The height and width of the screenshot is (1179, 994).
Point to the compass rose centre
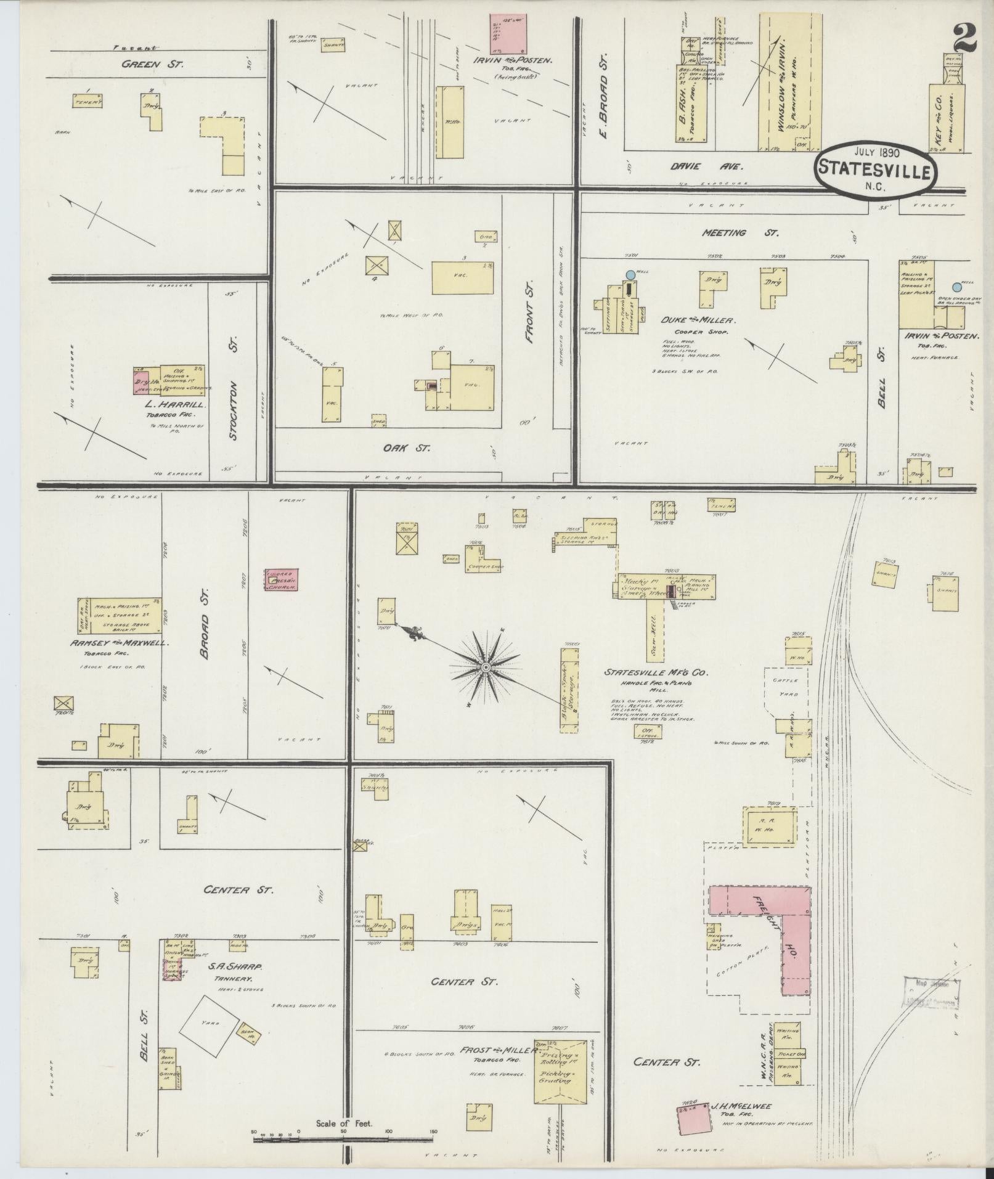coord(486,667)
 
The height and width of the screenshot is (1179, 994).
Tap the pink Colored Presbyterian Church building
coord(282,581)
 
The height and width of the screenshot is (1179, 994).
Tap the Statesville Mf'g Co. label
coord(656,672)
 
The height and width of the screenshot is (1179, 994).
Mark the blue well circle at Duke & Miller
coord(630,274)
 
